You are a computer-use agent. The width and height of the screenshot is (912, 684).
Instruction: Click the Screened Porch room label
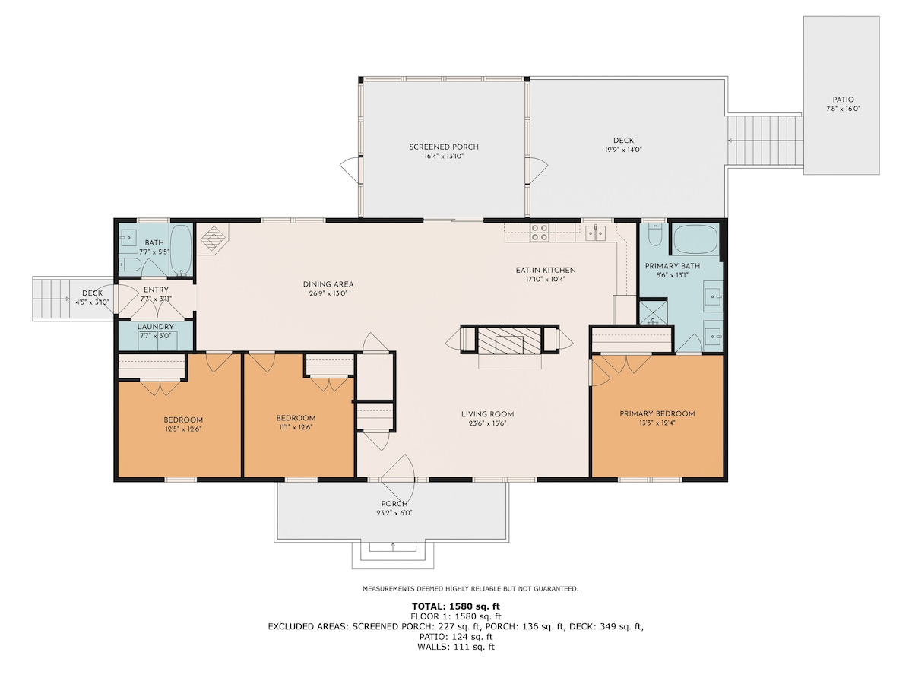coord(443,147)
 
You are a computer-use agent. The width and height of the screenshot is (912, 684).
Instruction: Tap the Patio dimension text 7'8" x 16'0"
coord(843,109)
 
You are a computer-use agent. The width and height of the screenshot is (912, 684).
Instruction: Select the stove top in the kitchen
coord(540,233)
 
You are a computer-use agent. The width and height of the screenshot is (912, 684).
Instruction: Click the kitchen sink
coord(595,233)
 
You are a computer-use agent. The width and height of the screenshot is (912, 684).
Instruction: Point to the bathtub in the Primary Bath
coord(695,239)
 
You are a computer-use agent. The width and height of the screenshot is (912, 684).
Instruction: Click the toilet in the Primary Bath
coord(654,236)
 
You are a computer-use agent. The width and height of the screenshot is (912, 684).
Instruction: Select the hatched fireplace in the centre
coord(509,340)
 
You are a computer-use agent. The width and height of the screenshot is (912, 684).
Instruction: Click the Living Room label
coord(487,414)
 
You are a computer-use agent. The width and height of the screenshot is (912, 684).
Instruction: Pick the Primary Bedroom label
coord(657,413)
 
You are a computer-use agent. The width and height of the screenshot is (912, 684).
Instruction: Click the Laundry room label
coord(155,327)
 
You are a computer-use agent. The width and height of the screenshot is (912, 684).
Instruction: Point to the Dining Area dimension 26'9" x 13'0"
coord(328,293)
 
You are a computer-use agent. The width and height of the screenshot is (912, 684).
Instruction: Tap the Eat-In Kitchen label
coord(546,270)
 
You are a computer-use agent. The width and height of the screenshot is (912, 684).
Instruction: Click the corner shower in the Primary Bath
coord(653,312)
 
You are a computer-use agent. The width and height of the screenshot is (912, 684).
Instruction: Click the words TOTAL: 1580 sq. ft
coord(455,606)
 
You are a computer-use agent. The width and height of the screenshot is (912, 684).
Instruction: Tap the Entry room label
coord(156,290)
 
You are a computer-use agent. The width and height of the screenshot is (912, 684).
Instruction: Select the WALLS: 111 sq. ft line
coord(456,647)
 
